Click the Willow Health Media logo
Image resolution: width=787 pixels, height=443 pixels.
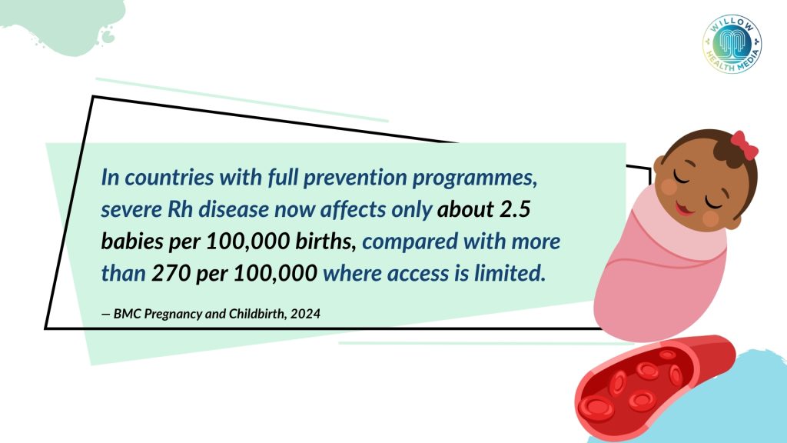click(732, 44)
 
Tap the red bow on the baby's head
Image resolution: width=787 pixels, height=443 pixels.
click(743, 145)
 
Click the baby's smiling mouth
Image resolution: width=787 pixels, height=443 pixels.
click(683, 208)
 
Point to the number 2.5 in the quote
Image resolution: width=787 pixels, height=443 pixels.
click(515, 209)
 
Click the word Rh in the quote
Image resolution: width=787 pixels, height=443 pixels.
click(180, 209)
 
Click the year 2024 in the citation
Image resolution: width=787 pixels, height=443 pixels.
click(305, 314)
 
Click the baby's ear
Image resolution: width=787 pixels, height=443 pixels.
click(659, 163)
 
